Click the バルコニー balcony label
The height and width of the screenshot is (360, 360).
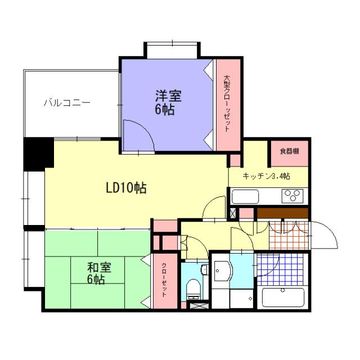click(x=66, y=103)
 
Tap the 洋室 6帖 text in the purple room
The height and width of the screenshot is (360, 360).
click(x=165, y=102)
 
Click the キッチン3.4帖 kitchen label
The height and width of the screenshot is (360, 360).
click(x=266, y=176)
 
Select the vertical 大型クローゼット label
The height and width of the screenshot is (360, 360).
click(x=227, y=104)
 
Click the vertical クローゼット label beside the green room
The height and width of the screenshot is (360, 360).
click(x=164, y=280)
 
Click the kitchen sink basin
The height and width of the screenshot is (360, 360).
click(x=246, y=197)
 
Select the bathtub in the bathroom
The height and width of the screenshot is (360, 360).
click(x=283, y=296)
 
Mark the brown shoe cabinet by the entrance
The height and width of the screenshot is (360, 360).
click(x=282, y=214)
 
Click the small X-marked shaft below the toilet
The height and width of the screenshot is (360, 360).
click(x=197, y=306)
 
